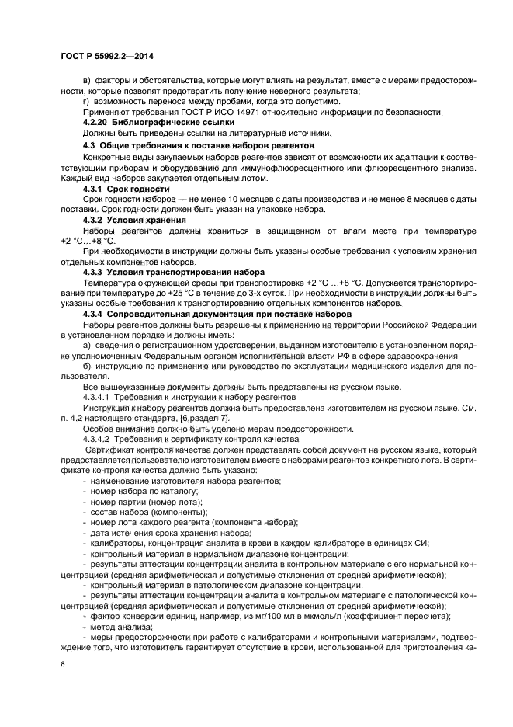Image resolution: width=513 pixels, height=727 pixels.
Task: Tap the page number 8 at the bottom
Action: click(x=61, y=665)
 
